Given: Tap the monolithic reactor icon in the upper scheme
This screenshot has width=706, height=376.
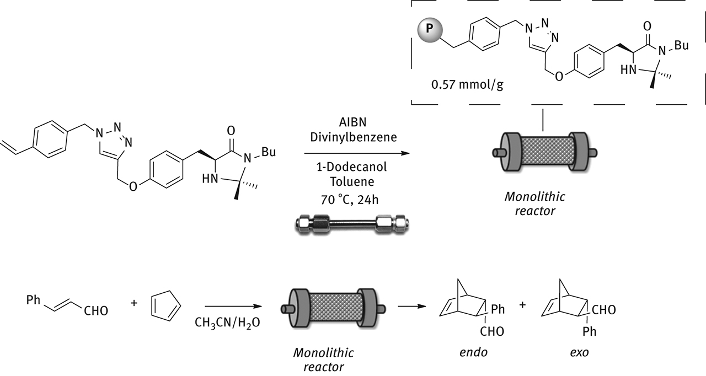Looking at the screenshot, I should (544, 153).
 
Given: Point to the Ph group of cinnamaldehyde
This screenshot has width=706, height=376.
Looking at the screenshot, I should (34, 300).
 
